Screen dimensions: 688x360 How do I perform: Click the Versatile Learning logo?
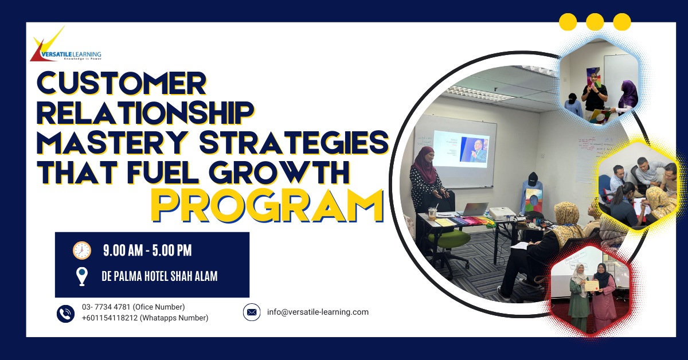(x=65, y=45)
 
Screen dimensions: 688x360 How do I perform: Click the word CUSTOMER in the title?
(x=122, y=84)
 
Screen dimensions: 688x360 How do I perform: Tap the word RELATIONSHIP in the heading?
(x=146, y=113)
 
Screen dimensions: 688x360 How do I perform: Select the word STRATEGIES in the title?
(x=294, y=142)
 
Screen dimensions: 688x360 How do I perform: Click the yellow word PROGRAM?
(x=267, y=206)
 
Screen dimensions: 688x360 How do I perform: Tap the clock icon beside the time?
(x=82, y=251)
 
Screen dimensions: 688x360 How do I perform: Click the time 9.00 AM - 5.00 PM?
(x=147, y=251)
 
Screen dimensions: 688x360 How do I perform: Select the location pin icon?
(x=82, y=276)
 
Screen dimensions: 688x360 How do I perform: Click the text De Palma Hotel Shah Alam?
(x=159, y=276)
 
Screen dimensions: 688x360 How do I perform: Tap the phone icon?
(x=65, y=314)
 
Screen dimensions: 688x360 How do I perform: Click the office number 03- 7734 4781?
(x=107, y=307)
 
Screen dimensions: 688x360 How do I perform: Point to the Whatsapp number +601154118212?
(x=110, y=318)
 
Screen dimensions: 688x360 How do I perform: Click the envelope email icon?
(x=252, y=312)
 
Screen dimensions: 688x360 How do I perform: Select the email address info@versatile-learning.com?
(x=318, y=312)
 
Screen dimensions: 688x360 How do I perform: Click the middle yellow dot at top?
(x=595, y=22)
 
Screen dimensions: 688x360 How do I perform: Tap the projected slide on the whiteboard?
(x=462, y=149)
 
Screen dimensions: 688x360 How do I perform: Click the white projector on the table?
(x=502, y=213)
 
